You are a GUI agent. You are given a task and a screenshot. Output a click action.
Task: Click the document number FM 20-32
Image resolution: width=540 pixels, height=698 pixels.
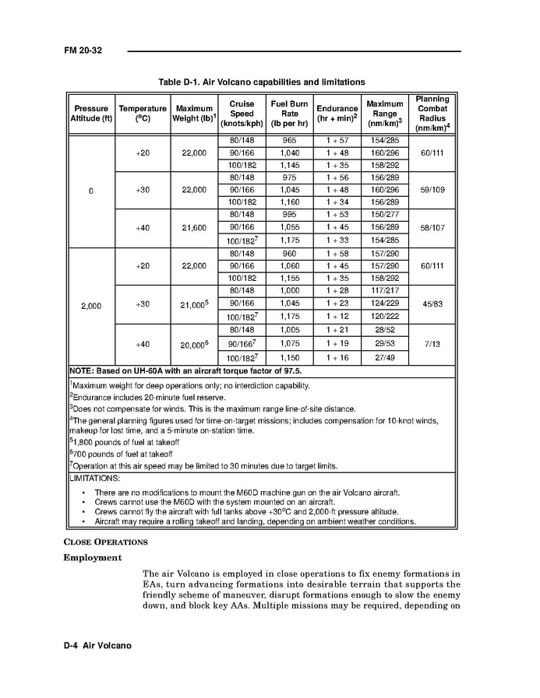[83, 51]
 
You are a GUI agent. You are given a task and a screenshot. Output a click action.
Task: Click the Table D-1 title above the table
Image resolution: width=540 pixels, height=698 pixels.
[262, 82]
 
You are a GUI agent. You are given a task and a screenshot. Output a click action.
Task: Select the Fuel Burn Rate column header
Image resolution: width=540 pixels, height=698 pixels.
[289, 114]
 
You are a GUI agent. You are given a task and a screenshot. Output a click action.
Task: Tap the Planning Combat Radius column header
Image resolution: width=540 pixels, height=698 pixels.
[432, 114]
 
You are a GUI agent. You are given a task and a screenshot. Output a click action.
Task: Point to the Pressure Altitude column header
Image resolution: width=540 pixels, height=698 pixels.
[91, 114]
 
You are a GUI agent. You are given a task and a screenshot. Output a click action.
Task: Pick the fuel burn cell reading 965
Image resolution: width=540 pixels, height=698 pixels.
[289, 141]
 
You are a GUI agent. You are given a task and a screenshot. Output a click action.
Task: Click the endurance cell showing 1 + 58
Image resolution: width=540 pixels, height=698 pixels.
[337, 254]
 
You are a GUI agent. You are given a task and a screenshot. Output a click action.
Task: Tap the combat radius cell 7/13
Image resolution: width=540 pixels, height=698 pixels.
[432, 343]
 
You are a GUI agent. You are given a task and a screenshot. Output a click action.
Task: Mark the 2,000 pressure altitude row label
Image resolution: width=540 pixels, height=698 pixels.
[91, 306]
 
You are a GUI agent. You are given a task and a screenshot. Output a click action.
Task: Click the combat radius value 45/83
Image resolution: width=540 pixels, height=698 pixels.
[432, 304]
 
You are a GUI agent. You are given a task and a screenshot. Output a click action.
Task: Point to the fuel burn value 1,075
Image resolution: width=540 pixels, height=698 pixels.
[289, 343]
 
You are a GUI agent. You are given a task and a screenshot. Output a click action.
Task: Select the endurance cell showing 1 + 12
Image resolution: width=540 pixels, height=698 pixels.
[337, 317]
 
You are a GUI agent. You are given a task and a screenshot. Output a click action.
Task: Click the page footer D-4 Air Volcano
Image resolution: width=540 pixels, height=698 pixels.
[97, 646]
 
